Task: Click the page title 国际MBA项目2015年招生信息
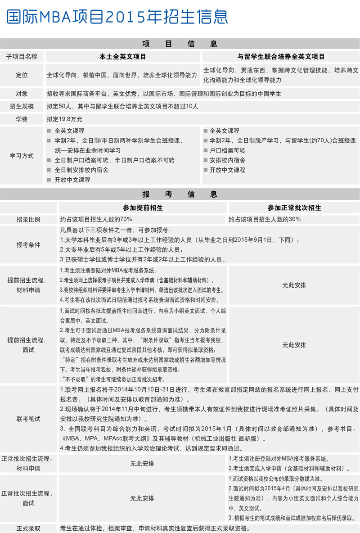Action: (x=117, y=17)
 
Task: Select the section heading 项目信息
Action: (x=180, y=44)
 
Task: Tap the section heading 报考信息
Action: (x=180, y=194)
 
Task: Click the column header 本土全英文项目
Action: (x=123, y=57)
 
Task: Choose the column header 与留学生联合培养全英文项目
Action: (x=281, y=57)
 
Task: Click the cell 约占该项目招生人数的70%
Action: (x=96, y=219)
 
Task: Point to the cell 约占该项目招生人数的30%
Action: (x=265, y=219)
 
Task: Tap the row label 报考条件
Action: (x=28, y=245)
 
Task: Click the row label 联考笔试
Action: (x=28, y=419)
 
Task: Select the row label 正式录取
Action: (x=28, y=528)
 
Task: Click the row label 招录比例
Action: (x=28, y=219)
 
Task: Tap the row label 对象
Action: (x=22, y=94)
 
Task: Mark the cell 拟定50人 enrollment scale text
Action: (x=122, y=107)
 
